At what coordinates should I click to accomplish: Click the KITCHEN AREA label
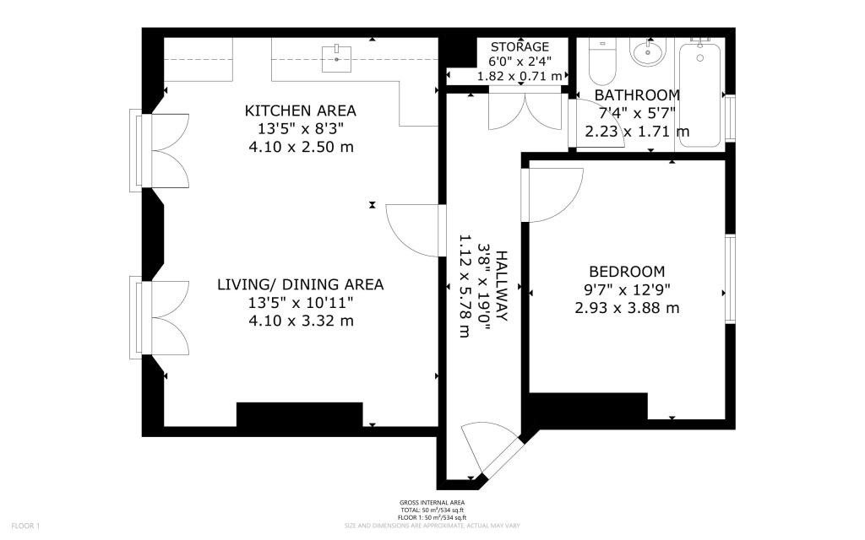(300, 111)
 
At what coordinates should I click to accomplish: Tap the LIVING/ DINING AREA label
(300, 284)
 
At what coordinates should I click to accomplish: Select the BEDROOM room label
(627, 272)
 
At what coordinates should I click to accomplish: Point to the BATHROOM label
(637, 94)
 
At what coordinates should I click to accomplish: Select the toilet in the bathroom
(603, 58)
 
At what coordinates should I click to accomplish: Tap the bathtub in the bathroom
(700, 95)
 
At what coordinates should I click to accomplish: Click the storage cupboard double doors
(525, 110)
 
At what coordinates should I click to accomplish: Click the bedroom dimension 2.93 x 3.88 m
(627, 308)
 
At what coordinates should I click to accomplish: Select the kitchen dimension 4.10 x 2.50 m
(300, 147)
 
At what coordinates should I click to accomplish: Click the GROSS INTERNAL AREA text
(432, 504)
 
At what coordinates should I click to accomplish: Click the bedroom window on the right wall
(729, 278)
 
